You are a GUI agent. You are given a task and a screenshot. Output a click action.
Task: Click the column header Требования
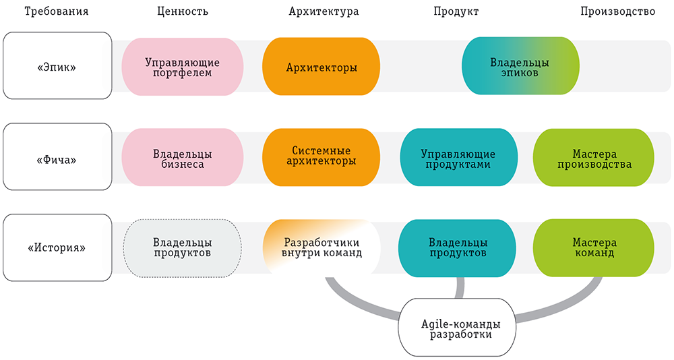56,11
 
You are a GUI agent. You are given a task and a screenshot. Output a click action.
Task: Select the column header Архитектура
323,11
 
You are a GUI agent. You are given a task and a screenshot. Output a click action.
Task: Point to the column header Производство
618,11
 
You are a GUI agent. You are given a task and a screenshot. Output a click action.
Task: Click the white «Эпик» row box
57,66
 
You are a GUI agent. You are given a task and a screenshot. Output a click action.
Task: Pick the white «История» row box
57,247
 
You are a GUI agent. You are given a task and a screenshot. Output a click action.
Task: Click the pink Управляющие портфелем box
181,66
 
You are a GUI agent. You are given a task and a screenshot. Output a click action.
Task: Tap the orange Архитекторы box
321,66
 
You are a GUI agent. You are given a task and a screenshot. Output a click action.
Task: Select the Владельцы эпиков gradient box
520,66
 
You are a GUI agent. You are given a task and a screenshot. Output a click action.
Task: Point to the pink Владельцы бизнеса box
181,157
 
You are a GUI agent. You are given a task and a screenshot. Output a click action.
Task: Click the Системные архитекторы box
321,157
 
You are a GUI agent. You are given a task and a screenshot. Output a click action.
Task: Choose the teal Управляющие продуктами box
458,157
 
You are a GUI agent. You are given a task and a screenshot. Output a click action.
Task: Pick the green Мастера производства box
593,157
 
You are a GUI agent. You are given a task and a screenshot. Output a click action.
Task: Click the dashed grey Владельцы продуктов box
182,247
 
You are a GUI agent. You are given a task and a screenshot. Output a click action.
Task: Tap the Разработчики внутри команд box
321,247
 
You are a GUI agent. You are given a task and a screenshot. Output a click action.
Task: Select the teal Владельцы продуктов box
458,247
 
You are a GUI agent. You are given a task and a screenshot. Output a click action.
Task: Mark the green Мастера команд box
593,247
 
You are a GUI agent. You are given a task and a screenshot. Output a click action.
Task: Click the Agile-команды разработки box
458,327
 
